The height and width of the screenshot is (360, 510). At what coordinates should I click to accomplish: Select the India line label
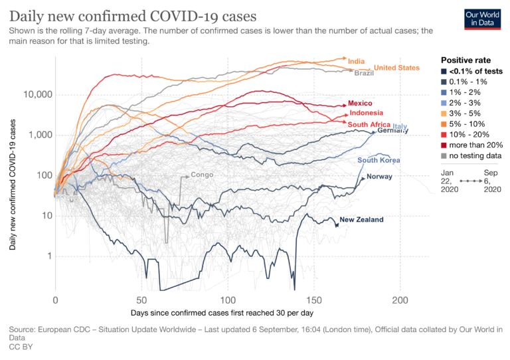point(357,61)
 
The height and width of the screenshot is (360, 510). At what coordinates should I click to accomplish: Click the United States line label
point(396,68)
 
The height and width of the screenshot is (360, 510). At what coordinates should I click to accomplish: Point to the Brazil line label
point(364,73)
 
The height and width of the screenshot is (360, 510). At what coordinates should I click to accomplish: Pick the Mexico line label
point(360,104)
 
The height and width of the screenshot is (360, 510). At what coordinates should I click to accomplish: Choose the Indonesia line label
point(368,113)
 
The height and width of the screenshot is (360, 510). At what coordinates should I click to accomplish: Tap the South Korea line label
point(379,160)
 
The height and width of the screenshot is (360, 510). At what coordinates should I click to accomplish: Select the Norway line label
point(380,177)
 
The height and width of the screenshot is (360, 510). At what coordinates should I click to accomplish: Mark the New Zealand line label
point(361,220)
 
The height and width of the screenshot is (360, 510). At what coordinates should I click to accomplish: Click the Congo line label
point(202,175)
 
